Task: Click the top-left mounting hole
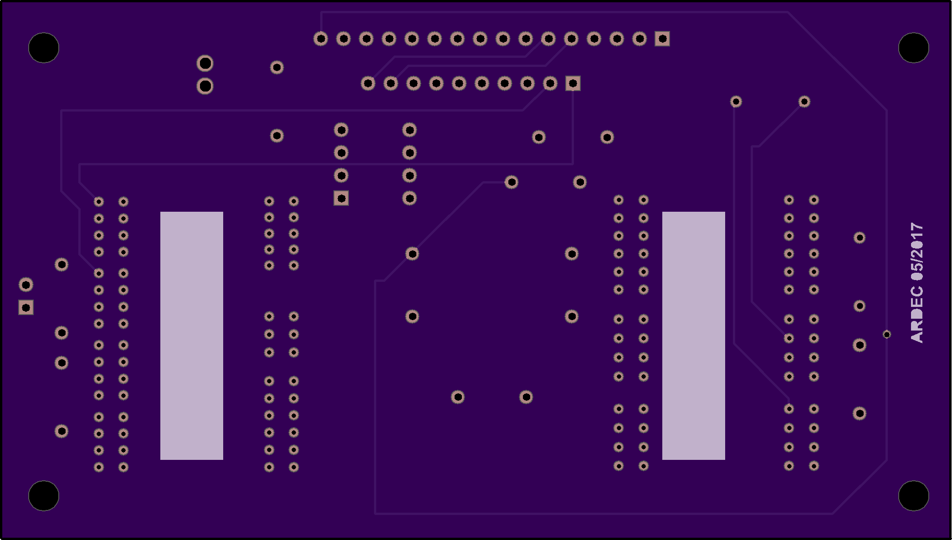(x=44, y=48)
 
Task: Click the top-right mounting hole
(x=914, y=48)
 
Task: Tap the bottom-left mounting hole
(x=44, y=496)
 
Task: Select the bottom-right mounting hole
(x=914, y=496)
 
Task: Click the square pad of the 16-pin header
(x=662, y=39)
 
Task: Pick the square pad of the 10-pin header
(x=573, y=83)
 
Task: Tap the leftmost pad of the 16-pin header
(x=321, y=39)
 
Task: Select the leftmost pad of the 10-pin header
(x=368, y=83)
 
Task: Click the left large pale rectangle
(x=192, y=336)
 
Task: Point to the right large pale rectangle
(x=694, y=336)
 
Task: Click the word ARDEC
(x=916, y=314)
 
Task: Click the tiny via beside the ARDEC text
(x=887, y=335)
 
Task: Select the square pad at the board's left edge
(x=26, y=308)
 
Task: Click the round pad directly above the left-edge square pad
(x=26, y=285)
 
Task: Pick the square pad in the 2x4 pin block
(x=341, y=198)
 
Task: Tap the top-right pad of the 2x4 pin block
(x=409, y=130)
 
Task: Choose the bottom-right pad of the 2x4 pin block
(x=409, y=198)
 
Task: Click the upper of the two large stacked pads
(x=205, y=63)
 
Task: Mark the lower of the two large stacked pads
(x=205, y=86)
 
